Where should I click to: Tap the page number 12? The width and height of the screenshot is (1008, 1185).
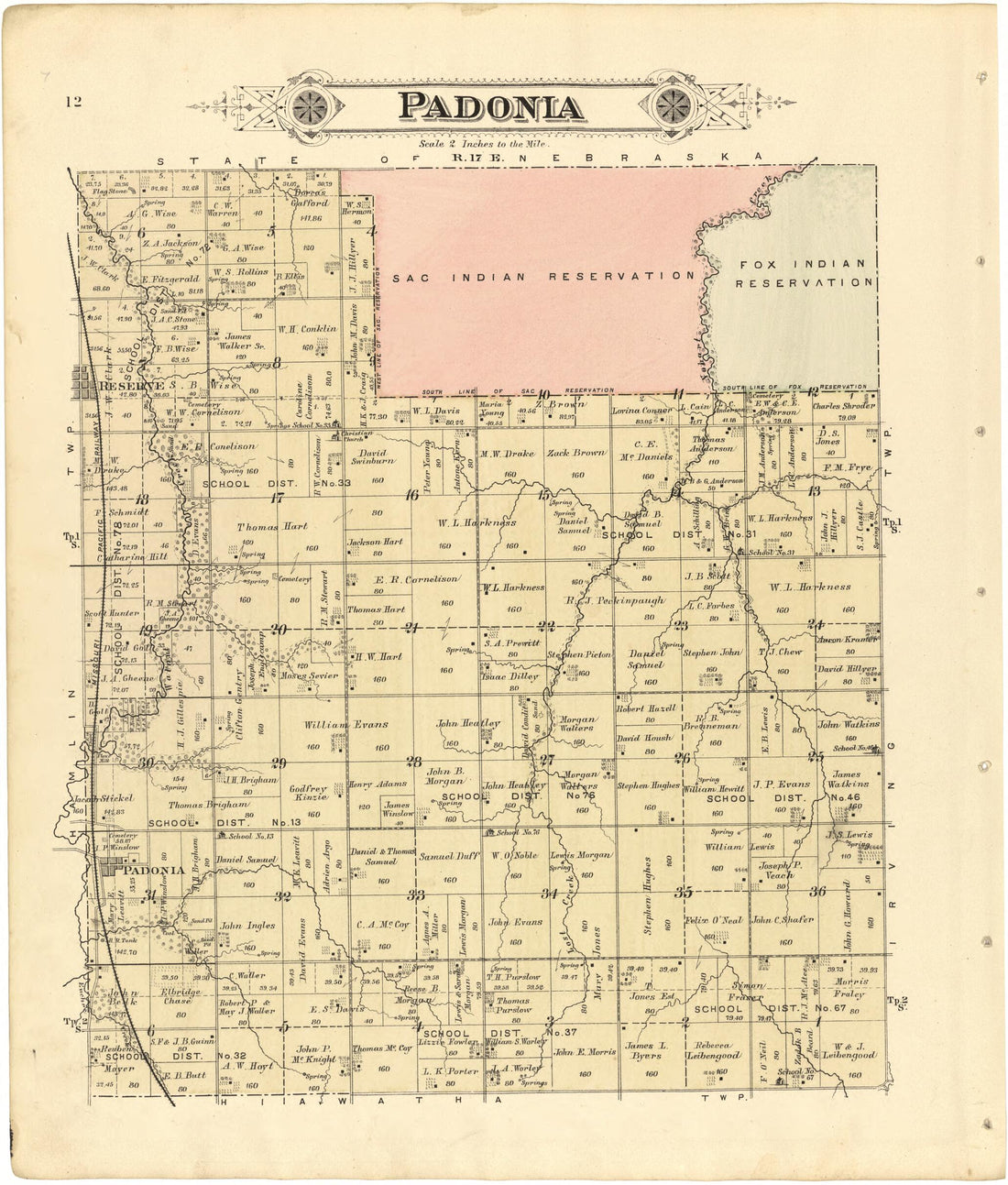click(74, 101)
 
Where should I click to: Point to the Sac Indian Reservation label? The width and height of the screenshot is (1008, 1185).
click(542, 276)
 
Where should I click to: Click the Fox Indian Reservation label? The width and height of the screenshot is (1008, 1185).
click(804, 273)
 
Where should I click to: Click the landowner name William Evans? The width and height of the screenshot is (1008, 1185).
click(346, 724)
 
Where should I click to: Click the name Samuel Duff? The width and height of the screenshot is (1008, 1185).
click(449, 856)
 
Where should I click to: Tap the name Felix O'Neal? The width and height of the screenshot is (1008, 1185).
click(714, 919)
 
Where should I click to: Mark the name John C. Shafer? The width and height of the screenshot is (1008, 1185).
click(783, 919)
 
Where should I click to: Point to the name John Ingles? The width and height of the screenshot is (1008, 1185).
click(247, 925)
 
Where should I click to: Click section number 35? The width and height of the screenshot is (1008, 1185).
click(683, 891)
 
